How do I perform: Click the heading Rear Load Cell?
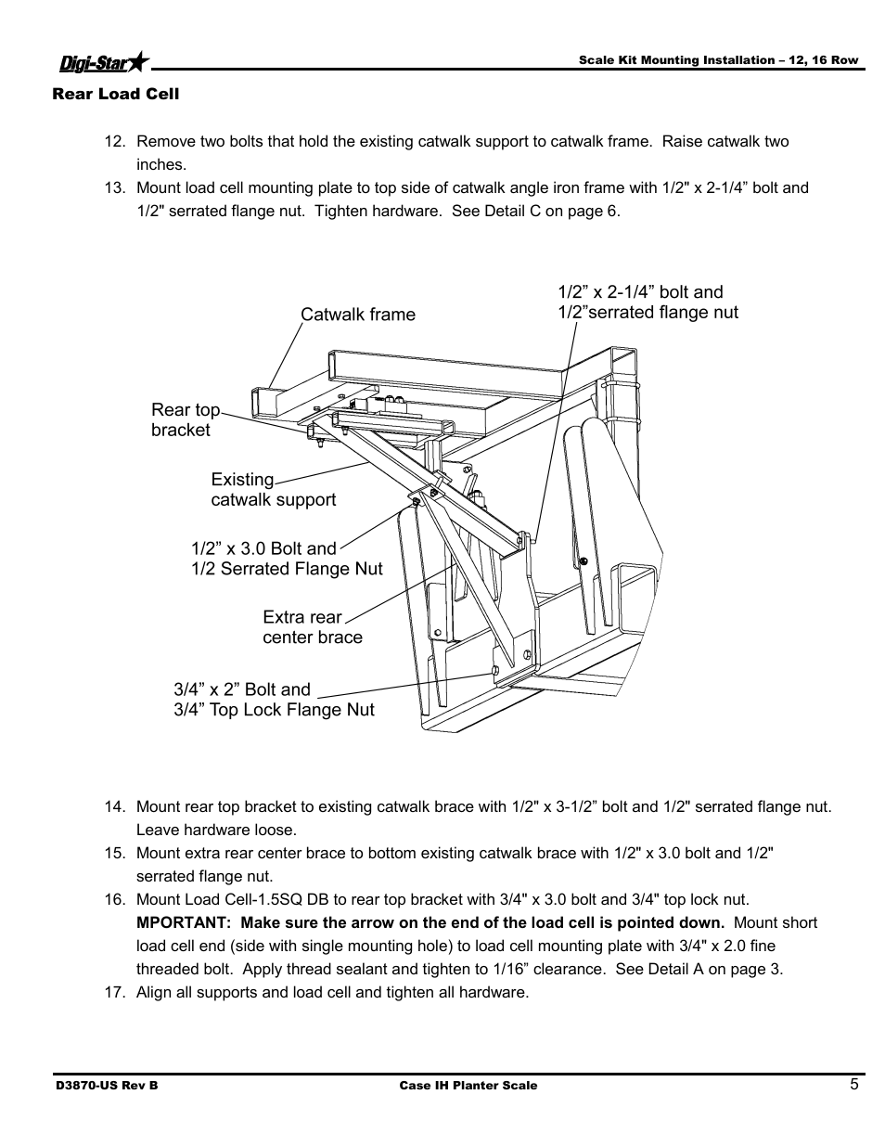tap(115, 94)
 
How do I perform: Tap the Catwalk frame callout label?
tap(357, 315)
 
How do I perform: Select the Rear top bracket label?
tap(186, 419)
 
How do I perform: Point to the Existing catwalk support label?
tap(273, 490)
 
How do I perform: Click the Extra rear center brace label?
tap(312, 627)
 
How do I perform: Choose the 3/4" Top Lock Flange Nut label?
tap(274, 710)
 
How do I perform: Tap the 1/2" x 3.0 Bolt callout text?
tap(263, 548)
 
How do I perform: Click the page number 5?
tap(853, 1084)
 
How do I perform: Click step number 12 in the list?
tap(114, 142)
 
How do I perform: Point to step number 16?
tap(114, 899)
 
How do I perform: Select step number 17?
tap(114, 992)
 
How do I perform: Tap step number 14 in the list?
tap(114, 806)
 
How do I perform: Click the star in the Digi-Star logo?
tap(138, 62)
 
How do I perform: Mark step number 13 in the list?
tap(114, 187)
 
